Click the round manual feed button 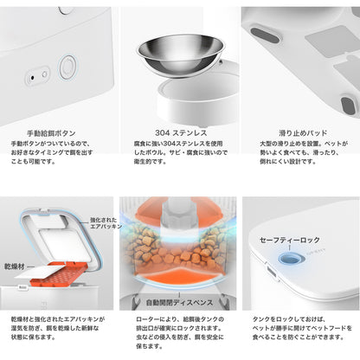pyautogui.click(x=67, y=67)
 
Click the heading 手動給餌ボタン pyautogui.click(x=51, y=133)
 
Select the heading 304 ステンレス pyautogui.click(x=181, y=133)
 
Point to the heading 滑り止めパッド pyautogui.click(x=303, y=133)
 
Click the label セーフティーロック pyautogui.click(x=289, y=240)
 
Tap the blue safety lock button pyautogui.click(x=289, y=258)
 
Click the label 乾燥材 pyautogui.click(x=15, y=267)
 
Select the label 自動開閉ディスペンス pyautogui.click(x=179, y=302)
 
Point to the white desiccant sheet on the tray pyautogui.click(x=39, y=272)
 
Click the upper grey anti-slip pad pyautogui.click(x=265, y=35)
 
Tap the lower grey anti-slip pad pyautogui.click(x=348, y=106)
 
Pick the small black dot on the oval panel pyautogui.click(x=32, y=78)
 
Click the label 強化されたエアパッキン pyautogui.click(x=106, y=223)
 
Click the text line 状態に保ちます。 pyautogui.click(x=33, y=337)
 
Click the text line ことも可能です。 pyautogui.click(x=33, y=162)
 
